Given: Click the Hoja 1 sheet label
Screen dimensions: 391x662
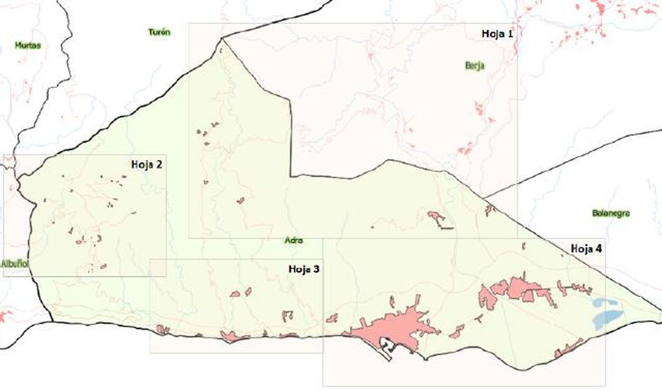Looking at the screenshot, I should pos(497,34).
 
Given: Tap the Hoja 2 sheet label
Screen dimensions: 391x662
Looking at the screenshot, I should pos(146,165).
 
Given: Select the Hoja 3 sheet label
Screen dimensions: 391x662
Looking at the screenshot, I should pos(304,269).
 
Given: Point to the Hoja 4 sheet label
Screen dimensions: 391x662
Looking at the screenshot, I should pos(586,249).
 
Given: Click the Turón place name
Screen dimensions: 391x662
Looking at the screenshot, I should pos(159,32).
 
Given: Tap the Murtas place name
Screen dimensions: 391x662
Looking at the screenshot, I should pos(28,45).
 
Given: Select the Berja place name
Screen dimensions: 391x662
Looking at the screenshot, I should pos(475,66).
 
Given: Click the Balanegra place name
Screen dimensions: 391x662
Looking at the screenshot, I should pos(611,213).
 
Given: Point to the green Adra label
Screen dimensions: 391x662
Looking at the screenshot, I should pos(294,240).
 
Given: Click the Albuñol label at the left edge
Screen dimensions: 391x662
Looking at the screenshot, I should pos(15,263).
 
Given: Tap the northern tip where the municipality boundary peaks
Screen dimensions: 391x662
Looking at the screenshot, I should pos(222,38).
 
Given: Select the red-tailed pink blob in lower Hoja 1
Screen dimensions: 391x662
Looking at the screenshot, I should pos(437,218).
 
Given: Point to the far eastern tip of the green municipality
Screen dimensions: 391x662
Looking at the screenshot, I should pos(660,311).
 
